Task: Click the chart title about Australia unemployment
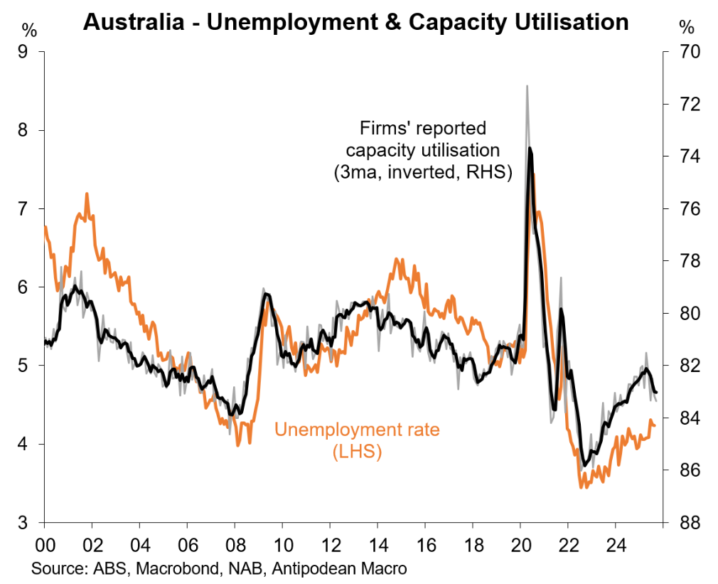[355, 21]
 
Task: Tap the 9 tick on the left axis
[32, 52]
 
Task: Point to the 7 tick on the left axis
[32, 209]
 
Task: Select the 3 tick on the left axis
[32, 523]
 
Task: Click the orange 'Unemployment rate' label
[357, 430]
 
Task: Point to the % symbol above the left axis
[28, 28]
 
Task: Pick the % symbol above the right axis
[686, 28]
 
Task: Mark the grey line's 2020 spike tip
[527, 86]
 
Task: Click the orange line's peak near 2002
[87, 193]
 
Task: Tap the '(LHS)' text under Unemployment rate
[357, 452]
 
